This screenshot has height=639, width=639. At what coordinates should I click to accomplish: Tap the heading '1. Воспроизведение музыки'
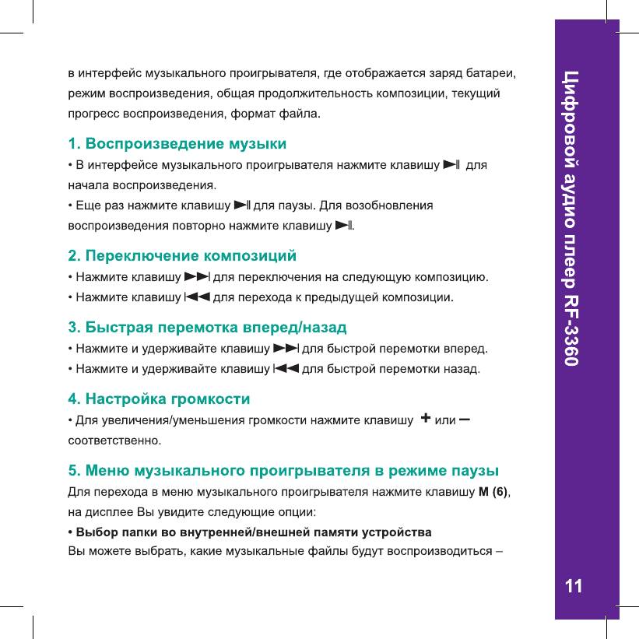(x=177, y=144)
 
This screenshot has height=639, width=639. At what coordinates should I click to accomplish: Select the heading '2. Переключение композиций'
(x=183, y=255)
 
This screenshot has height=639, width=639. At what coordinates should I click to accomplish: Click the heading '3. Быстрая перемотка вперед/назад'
(x=207, y=325)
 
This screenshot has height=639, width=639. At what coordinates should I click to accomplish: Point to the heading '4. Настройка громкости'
(x=159, y=400)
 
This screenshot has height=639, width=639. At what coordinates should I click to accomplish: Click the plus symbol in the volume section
(x=426, y=420)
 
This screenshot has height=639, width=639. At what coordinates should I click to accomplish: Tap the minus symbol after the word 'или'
(x=465, y=420)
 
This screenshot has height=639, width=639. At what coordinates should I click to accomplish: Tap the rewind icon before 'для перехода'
(x=198, y=297)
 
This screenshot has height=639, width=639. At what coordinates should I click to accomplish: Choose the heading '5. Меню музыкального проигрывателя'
(x=284, y=471)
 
